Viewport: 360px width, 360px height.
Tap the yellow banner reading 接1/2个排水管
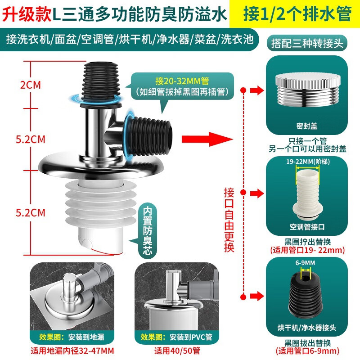tap(297, 13)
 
